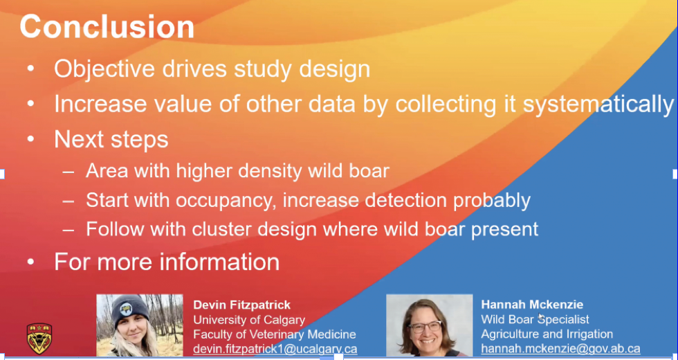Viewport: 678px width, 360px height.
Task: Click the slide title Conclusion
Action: (x=107, y=27)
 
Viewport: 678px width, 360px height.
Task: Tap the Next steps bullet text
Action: (x=111, y=139)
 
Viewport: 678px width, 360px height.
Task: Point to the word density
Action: (x=271, y=171)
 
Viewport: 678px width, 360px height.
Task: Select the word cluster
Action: (x=223, y=229)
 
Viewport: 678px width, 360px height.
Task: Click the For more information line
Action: (x=167, y=262)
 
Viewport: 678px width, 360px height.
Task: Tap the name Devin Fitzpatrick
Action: (x=241, y=305)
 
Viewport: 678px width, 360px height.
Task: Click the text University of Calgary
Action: (x=249, y=320)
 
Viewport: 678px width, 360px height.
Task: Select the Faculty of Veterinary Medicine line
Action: (x=275, y=334)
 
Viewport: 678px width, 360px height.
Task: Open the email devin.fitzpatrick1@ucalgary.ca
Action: (x=275, y=349)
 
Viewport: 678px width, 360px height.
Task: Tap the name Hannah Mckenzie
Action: (x=532, y=305)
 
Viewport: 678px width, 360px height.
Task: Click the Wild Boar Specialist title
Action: (x=535, y=320)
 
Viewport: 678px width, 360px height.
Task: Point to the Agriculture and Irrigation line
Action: (x=547, y=334)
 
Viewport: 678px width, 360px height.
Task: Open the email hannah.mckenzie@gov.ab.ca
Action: (x=560, y=349)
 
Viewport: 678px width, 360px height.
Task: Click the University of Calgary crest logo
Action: (x=39, y=339)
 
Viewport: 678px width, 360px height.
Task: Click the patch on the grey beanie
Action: (x=125, y=309)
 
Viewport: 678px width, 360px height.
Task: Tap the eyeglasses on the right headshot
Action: (x=425, y=326)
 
